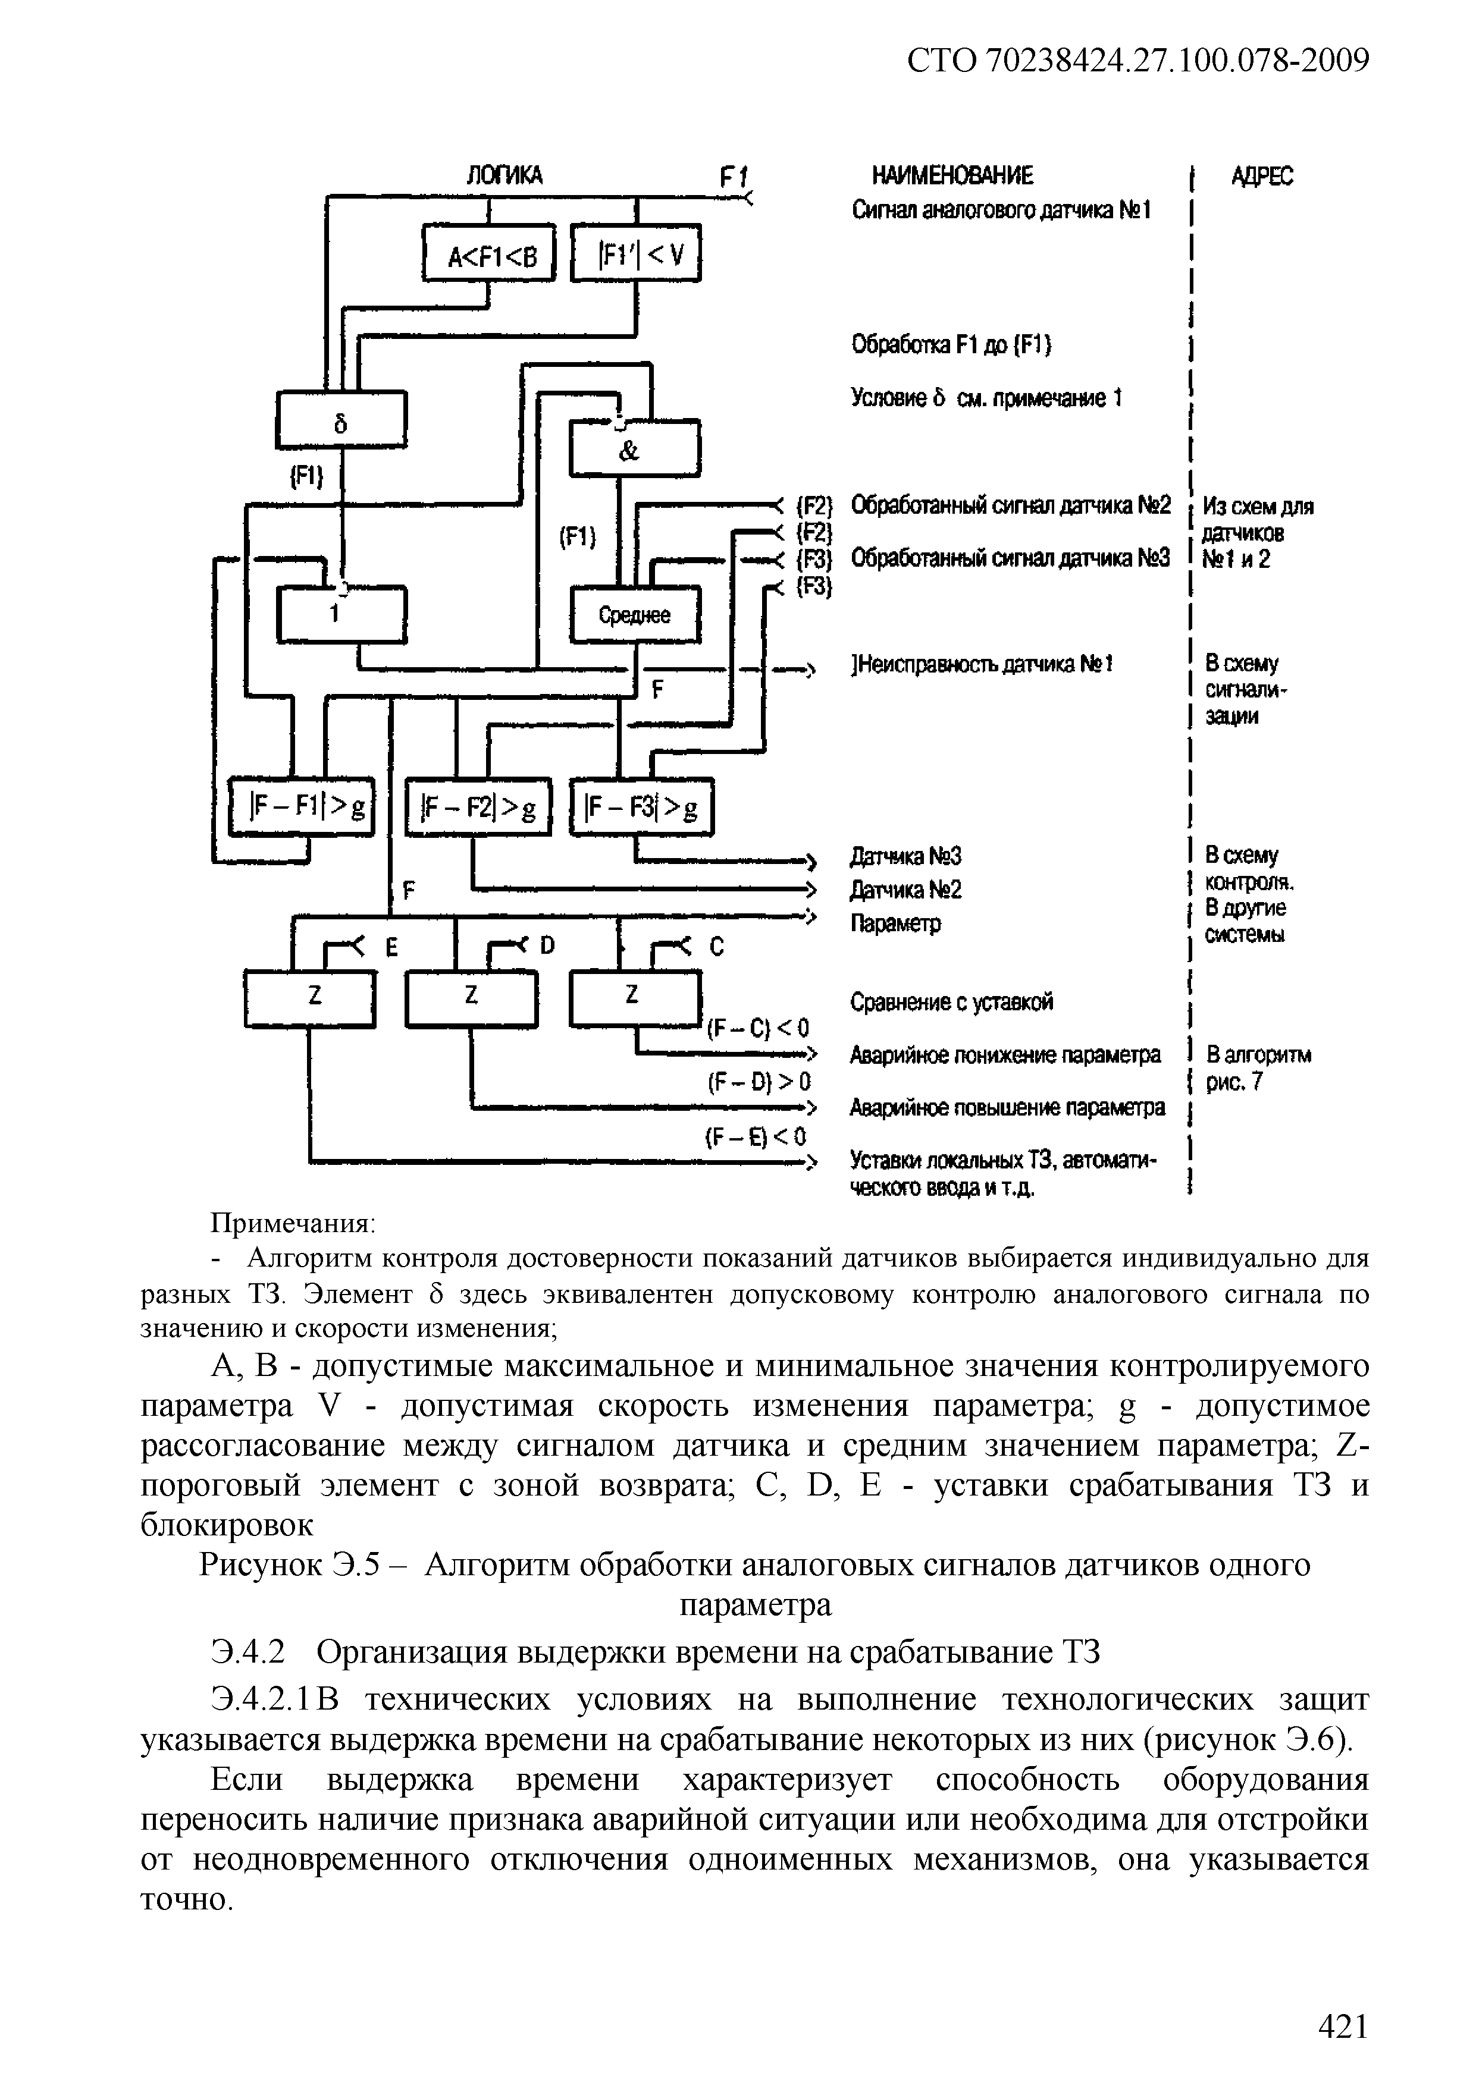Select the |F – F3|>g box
tap(642, 806)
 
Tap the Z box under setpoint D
tap(471, 998)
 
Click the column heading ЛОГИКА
tap(504, 175)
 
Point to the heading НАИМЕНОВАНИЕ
tap(952, 175)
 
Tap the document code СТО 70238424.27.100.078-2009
tap(1138, 61)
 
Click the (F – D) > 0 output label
tap(758, 1082)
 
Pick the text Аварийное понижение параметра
tap(1005, 1055)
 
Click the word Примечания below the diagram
tap(293, 1223)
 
